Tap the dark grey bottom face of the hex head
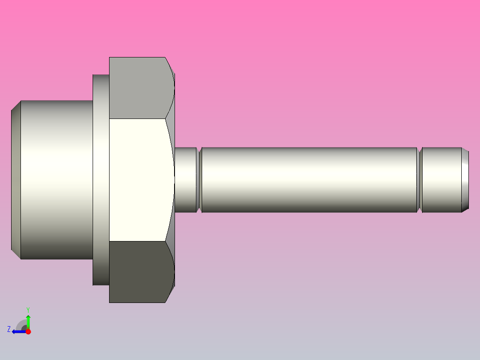tap(138, 272)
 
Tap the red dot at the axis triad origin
tap(28, 331)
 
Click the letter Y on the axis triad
tap(28, 309)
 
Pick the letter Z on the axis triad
tap(9, 329)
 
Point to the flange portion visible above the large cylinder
tap(101, 87)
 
